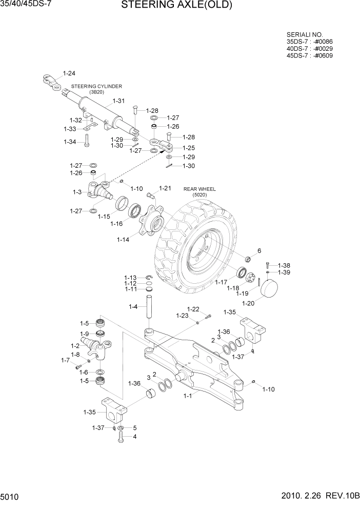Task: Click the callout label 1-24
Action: (x=69, y=73)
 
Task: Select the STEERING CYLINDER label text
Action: (x=96, y=86)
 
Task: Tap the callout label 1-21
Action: (x=165, y=188)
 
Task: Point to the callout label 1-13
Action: (x=130, y=277)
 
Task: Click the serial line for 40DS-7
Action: (x=310, y=48)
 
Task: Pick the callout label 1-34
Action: (x=70, y=142)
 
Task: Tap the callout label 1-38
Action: (x=284, y=265)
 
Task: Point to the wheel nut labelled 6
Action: (x=246, y=258)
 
